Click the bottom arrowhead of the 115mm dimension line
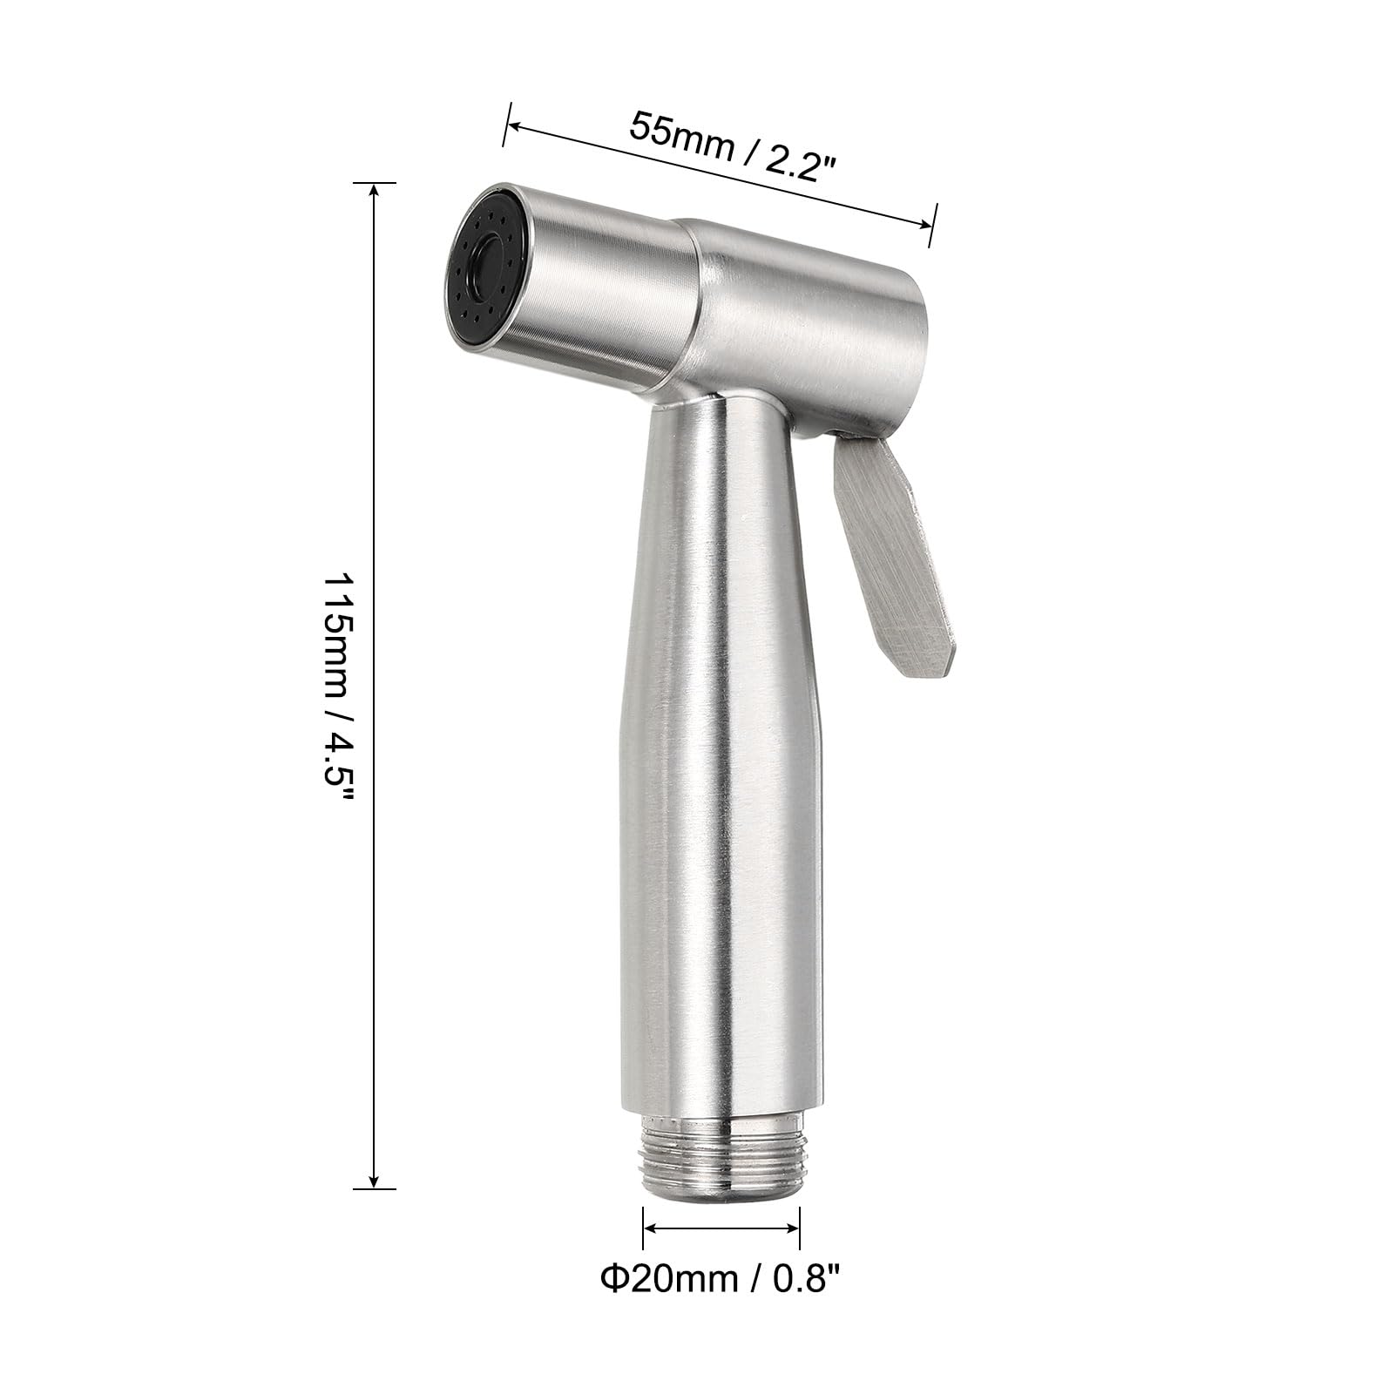click(375, 1181)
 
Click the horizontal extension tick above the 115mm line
click(375, 183)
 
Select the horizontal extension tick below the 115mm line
click(375, 1188)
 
